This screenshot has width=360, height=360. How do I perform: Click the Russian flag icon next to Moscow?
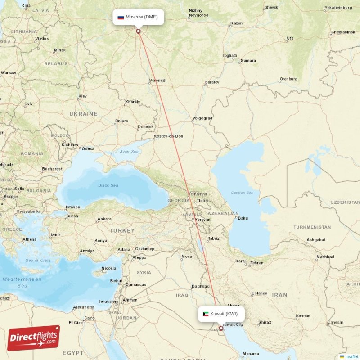[121, 18]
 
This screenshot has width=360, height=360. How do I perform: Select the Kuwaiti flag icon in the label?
[206, 314]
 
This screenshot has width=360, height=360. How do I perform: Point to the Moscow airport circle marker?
[138, 31]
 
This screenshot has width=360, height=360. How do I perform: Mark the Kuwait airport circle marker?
[221, 328]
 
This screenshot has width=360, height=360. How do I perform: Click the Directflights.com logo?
[34, 338]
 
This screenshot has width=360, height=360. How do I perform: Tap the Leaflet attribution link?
[351, 356]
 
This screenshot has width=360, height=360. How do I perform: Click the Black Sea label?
[108, 185]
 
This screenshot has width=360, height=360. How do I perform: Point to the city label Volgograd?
[202, 119]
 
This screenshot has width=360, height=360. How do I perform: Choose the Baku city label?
[243, 218]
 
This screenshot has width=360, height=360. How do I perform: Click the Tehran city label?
[256, 263]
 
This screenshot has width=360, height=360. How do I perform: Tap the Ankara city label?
[104, 219]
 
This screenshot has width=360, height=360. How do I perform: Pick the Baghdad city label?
[201, 286]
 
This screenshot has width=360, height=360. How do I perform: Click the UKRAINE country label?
[83, 114]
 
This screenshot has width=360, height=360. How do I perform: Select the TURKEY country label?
[122, 230]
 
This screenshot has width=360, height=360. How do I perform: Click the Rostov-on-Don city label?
[168, 136]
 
